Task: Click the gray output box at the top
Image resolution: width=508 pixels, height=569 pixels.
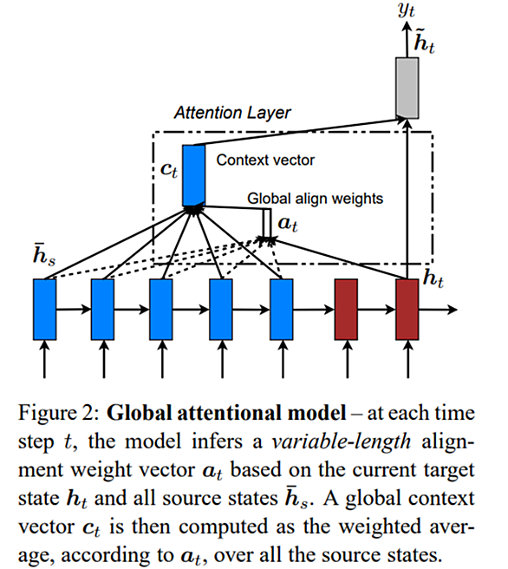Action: coord(407,88)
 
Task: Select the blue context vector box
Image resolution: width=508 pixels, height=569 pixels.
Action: coord(193,175)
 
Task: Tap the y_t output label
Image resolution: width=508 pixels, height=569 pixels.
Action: coord(406,10)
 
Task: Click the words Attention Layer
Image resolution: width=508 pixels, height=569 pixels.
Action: coord(232,113)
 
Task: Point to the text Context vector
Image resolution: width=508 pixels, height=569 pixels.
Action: coord(265,160)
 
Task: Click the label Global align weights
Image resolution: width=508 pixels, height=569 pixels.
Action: coord(315,199)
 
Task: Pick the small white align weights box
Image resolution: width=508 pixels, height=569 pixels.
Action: coord(267,223)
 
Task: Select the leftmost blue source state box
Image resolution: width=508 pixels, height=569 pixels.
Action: coord(44,309)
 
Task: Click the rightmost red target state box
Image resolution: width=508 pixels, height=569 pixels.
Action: coord(407,309)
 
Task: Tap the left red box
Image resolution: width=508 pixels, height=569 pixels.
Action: coord(346,309)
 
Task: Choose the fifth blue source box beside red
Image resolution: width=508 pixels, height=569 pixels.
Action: coord(282,309)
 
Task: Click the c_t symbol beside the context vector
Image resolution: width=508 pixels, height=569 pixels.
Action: coord(169,170)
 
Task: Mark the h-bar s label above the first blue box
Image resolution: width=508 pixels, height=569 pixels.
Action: coord(44,254)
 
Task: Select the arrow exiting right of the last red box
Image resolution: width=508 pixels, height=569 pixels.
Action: coord(438,310)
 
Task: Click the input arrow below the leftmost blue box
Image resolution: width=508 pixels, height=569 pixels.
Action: coord(44,359)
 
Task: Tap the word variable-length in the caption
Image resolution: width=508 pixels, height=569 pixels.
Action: coord(342,441)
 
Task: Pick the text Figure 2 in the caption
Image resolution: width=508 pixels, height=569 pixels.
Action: coord(58,414)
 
